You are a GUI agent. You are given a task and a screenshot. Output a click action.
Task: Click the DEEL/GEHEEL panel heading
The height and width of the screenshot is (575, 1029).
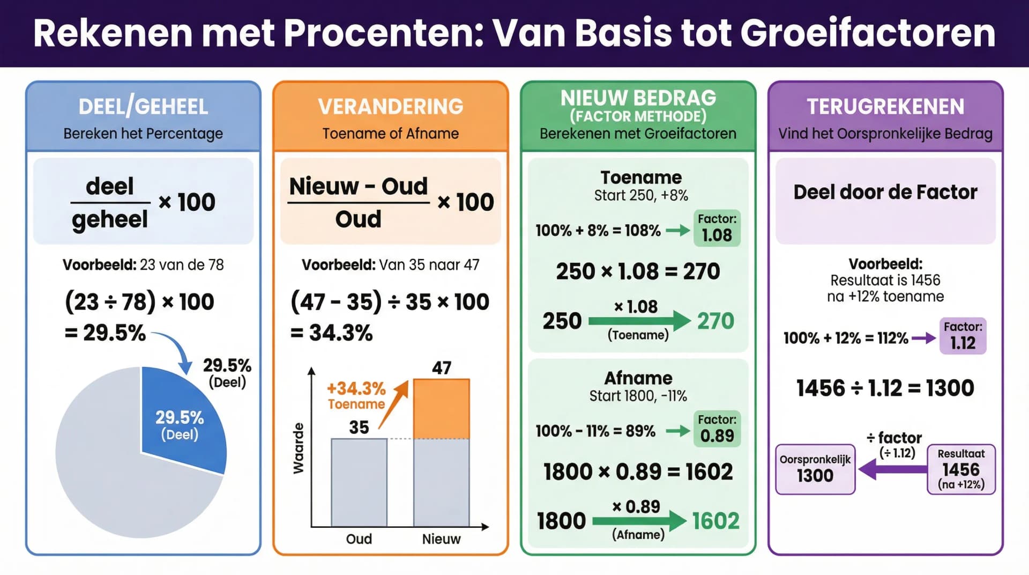pos(143,106)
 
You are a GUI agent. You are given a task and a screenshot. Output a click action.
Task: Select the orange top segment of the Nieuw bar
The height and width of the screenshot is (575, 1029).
pos(441,409)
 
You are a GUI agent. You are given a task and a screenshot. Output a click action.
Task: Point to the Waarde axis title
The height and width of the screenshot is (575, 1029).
pos(299,448)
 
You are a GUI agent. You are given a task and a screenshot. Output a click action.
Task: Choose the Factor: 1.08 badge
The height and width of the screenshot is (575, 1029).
pos(717,228)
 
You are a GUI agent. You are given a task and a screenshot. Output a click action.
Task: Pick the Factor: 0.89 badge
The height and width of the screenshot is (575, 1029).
pos(717,429)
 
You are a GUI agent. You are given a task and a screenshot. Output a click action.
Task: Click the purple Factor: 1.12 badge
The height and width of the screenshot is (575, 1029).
pos(963,336)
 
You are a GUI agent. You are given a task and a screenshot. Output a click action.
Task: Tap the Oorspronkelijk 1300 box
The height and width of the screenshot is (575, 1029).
pos(815,469)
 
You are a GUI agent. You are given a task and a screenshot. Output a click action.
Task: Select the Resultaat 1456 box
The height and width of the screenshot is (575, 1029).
pos(961,469)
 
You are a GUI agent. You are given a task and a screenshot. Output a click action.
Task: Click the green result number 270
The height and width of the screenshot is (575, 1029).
pos(715,321)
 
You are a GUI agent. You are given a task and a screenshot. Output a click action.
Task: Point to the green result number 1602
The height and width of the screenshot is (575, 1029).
pos(715,521)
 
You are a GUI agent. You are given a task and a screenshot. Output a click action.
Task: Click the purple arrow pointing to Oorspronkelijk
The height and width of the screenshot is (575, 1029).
pos(892,469)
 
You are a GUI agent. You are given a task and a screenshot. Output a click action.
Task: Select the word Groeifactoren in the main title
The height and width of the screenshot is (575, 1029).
pos(868,33)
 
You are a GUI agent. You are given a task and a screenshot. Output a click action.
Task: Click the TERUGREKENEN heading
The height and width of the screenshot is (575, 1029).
pos(885,106)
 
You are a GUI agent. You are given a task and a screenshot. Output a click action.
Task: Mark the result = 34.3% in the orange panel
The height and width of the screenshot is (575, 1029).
pos(332,333)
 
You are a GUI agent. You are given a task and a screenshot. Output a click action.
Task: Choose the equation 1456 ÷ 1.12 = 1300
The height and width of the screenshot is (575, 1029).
pos(885,388)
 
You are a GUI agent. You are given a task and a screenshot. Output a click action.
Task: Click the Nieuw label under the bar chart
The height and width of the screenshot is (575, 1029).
pos(441,539)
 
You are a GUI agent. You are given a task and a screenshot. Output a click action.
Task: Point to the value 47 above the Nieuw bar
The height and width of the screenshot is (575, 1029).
pos(442,368)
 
